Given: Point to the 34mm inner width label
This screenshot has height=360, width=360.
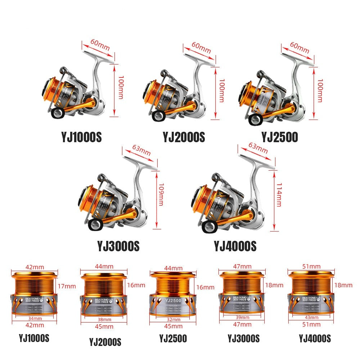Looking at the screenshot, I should (33, 318).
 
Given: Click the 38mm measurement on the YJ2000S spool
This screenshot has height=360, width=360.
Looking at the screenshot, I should (104, 319).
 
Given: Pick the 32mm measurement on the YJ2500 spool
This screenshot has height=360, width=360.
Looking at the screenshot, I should (174, 319).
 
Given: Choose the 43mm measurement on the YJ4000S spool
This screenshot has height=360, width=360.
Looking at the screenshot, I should (311, 317).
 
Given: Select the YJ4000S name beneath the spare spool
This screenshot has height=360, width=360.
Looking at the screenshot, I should (315, 338).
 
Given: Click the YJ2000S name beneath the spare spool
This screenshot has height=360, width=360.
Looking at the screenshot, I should (105, 342).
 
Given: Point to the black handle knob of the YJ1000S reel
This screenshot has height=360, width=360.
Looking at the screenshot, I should (57, 113).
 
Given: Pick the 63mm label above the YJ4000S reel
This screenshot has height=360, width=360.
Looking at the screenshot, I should (257, 147).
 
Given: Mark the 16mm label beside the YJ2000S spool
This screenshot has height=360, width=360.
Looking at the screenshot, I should (136, 285).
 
